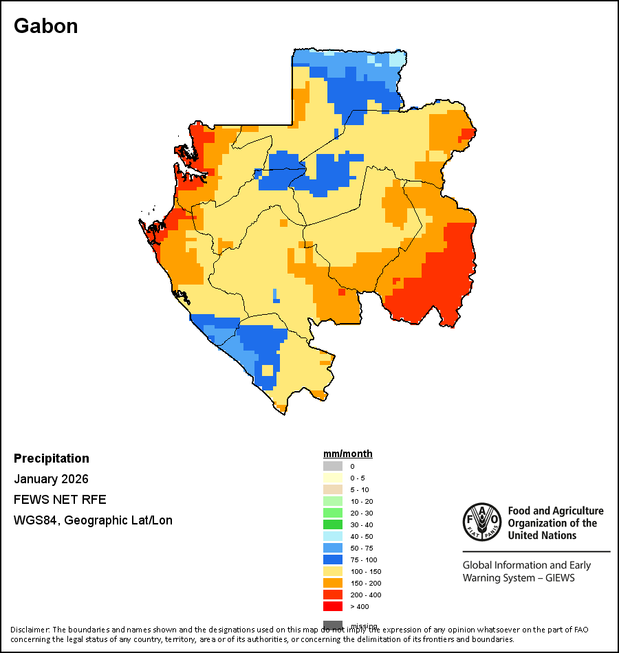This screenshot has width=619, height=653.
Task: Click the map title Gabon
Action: [x=45, y=26]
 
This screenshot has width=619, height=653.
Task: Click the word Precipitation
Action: [x=52, y=458]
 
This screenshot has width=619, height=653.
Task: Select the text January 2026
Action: [x=51, y=479]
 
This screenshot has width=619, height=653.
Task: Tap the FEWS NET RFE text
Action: [x=60, y=500]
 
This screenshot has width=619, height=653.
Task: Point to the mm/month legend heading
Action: [x=348, y=454]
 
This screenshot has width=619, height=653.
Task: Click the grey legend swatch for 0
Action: [x=333, y=466]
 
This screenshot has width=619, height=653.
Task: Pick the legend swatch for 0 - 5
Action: [x=333, y=478]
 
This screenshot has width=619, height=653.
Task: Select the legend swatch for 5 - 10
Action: [x=333, y=489]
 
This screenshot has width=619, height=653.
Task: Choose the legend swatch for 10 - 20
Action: [x=333, y=501]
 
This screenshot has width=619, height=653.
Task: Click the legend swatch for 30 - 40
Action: [x=333, y=524]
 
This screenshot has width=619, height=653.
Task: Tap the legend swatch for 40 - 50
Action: [x=333, y=536]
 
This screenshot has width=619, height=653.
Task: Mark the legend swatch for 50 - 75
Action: [x=333, y=548]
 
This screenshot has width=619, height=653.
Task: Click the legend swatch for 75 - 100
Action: [x=333, y=560]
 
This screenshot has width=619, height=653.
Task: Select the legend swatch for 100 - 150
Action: [x=333, y=571]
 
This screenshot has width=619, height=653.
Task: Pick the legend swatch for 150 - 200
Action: [x=333, y=583]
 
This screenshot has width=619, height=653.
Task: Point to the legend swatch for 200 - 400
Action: [x=333, y=595]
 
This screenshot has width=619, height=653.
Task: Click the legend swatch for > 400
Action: [x=333, y=606]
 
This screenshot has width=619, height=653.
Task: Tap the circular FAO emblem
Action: [x=481, y=522]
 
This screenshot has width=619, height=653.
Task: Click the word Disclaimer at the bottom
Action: [x=30, y=630]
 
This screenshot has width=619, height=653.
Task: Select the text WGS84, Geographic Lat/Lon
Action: [x=93, y=520]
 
